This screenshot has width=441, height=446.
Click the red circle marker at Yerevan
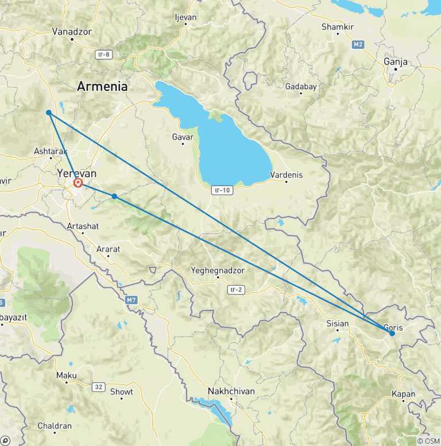point(78,183)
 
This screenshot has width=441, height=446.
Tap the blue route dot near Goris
point(392,333)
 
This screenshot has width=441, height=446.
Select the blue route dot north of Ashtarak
point(49,113)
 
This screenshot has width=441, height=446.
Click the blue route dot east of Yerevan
point(115,197)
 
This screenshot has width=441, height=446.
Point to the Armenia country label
point(102,87)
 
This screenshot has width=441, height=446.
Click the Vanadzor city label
point(72,32)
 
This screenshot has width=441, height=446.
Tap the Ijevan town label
point(185,17)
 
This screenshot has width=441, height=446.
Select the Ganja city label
point(396,62)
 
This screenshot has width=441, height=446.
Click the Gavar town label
point(183,137)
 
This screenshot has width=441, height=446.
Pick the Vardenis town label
point(287,175)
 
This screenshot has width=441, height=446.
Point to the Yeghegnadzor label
point(218,270)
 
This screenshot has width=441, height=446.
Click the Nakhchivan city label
point(231,391)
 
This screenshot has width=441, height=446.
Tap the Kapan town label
point(404,394)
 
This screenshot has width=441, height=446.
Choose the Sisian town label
point(337,324)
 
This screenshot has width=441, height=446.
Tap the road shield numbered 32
point(99,387)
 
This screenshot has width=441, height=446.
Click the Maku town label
point(66,375)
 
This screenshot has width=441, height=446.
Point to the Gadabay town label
point(301,87)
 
